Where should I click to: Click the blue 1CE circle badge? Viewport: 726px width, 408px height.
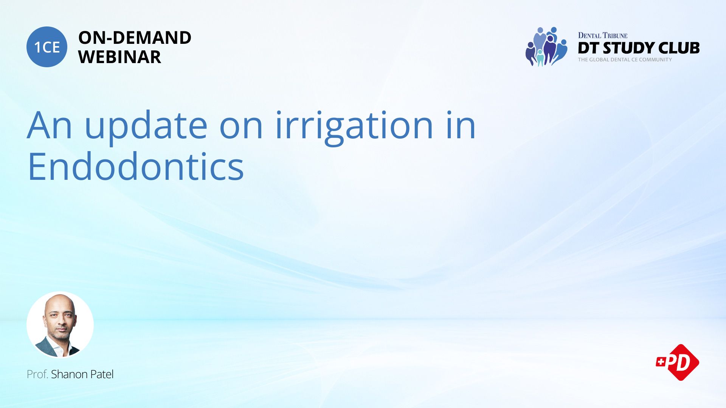47,47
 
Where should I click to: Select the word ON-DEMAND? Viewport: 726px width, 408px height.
135,38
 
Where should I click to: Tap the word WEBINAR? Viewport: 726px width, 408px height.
119,57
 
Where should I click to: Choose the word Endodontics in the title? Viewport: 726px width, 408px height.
136,167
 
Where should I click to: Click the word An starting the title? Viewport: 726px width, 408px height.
50,125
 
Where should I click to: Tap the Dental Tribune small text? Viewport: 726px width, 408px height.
603,36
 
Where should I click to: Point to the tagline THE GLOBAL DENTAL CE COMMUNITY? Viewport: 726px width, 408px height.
625,60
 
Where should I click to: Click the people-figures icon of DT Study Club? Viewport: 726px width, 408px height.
546,46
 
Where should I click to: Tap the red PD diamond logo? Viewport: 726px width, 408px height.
678,362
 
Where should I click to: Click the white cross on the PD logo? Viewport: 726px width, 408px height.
661,362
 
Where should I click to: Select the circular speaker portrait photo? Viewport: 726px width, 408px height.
60,325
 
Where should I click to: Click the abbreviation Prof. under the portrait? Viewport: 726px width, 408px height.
37,374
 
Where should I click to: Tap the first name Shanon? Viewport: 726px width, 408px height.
70,374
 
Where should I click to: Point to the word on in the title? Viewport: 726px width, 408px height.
241,128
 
